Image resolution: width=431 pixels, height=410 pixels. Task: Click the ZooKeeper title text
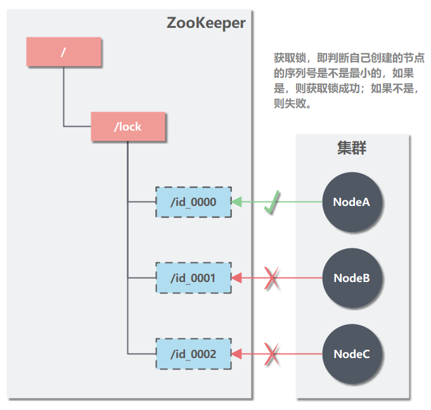coord(206,23)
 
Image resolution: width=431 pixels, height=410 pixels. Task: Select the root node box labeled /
coord(64,52)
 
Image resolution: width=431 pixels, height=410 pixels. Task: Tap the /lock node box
coord(128,127)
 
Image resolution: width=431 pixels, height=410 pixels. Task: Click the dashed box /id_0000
coord(194,202)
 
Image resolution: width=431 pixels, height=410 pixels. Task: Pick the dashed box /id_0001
coord(194,278)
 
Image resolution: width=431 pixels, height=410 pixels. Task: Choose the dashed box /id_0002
coord(194,354)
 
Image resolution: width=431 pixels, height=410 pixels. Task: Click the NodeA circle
coord(352,202)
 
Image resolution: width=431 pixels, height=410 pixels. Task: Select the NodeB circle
coord(352,278)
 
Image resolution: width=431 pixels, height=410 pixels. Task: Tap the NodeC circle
coord(352,354)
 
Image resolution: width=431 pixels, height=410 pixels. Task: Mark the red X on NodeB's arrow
coord(273,278)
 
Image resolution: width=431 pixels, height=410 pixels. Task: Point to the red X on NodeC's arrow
coord(273,354)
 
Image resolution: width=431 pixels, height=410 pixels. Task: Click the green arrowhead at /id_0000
coord(237,202)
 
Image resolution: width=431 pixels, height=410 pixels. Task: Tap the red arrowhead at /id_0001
coord(237,278)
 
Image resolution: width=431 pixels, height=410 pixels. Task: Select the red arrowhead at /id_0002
coord(237,354)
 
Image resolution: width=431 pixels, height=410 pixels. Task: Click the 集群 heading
coord(352,148)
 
